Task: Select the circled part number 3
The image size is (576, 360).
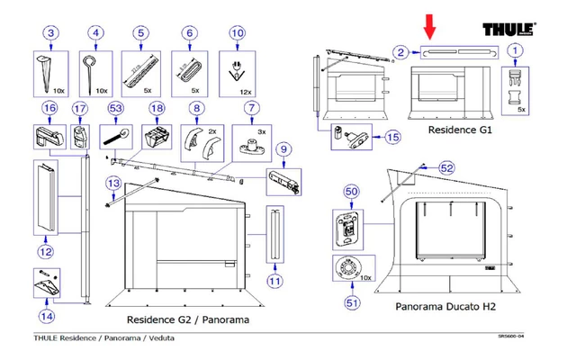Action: pyautogui.click(x=51, y=34)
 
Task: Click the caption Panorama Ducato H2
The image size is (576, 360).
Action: pyautogui.click(x=445, y=307)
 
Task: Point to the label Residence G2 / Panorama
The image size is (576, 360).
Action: pyautogui.click(x=187, y=319)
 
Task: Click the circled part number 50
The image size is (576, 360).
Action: pyautogui.click(x=352, y=192)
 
